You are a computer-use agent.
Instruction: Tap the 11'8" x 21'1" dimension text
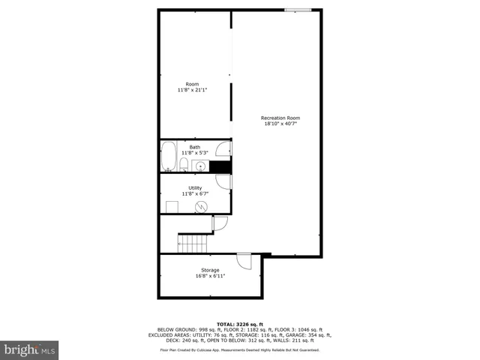pos(192,90)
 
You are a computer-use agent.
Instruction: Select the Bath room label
pos(195,147)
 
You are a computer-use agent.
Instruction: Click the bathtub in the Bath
pos(168,157)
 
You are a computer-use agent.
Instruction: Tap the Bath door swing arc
pos(223,148)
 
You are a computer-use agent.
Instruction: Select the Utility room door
pos(223,182)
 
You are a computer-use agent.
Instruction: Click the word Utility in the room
pos(195,187)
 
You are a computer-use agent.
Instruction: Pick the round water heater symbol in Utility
pos(201,206)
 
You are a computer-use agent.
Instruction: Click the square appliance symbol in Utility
pos(172,207)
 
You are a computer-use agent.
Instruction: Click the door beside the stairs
pos(220,223)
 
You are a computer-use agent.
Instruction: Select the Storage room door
pos(244,261)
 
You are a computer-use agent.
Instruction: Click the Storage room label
pos(210,270)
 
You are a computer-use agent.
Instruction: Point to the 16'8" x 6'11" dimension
pos(210,276)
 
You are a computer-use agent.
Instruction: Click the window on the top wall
pos(297,10)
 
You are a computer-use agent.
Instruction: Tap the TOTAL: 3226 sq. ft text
pos(239,323)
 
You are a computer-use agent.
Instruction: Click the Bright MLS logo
pos(30,349)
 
